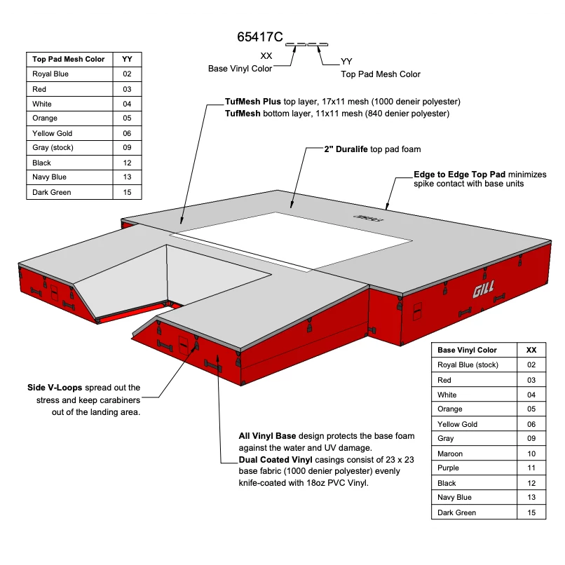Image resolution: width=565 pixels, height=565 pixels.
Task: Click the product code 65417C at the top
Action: [260, 37]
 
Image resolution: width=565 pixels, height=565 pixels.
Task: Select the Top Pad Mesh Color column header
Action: [68, 59]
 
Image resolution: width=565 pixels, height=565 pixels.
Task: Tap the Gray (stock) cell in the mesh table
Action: [53, 148]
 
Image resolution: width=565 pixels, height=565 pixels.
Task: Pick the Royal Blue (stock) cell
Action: [468, 365]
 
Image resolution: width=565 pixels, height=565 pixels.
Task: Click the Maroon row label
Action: [451, 454]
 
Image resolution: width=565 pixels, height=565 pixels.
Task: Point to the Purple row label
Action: [449, 468]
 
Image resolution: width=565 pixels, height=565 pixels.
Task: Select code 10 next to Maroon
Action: [531, 454]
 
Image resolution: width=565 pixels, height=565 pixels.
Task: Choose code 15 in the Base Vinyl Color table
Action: [531, 512]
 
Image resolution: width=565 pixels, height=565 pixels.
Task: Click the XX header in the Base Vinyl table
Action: [531, 350]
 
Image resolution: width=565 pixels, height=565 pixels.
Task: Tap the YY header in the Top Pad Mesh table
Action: [127, 59]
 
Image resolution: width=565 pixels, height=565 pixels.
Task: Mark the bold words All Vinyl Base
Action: [267, 436]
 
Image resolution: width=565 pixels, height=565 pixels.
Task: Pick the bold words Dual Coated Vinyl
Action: [274, 461]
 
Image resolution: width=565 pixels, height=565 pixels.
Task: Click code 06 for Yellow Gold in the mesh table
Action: [127, 133]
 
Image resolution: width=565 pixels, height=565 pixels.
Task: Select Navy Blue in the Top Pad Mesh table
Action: [50, 177]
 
